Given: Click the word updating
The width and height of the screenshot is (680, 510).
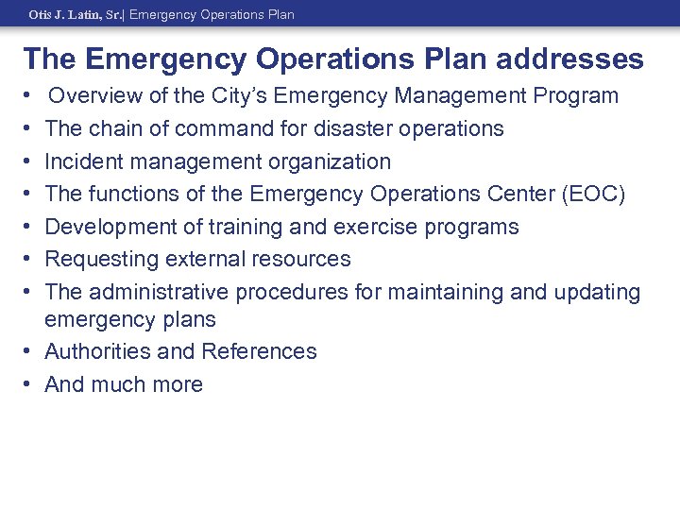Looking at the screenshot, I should pos(595,292).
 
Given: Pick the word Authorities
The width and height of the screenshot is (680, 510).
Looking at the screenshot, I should pos(95,351).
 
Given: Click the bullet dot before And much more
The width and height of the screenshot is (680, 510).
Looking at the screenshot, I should pos(29,384).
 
